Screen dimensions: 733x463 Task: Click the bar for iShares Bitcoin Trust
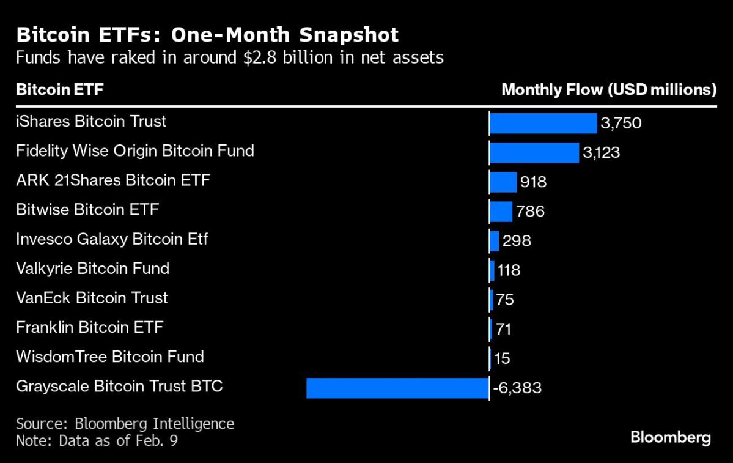point(543,124)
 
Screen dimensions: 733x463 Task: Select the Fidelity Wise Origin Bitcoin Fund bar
point(534,153)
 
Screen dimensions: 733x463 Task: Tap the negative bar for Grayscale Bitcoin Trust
point(397,388)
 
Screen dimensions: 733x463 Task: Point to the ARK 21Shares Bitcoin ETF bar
point(503,182)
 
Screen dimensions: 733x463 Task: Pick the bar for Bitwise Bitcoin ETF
point(501,212)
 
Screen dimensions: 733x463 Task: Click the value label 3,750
point(621,123)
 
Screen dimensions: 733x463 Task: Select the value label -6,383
point(517,388)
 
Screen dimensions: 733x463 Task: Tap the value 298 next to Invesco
point(517,241)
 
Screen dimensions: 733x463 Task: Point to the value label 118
point(509,270)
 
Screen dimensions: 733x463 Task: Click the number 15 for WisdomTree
point(502,358)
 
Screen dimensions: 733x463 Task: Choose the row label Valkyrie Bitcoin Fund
point(92,269)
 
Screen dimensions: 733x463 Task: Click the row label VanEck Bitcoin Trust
point(92,298)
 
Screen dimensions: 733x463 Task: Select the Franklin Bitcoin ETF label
point(89,327)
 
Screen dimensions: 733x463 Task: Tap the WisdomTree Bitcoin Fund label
point(110,357)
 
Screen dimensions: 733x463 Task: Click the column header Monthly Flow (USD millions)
point(609,89)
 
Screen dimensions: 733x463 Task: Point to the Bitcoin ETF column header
point(60,89)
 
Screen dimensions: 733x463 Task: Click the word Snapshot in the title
point(348,35)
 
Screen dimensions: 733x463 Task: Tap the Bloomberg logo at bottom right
point(671,438)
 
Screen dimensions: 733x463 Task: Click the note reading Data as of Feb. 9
point(118,440)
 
